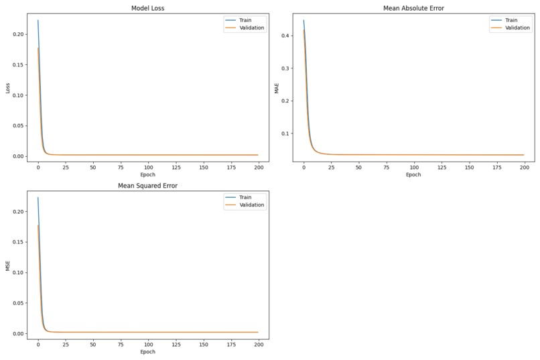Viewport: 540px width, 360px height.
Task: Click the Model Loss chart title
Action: point(147,8)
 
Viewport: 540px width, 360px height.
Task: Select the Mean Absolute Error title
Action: point(413,8)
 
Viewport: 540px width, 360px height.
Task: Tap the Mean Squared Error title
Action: point(147,186)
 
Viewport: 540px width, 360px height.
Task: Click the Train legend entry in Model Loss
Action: point(244,20)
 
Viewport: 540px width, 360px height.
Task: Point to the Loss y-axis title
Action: point(8,87)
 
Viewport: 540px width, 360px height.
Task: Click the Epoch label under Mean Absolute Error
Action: point(413,175)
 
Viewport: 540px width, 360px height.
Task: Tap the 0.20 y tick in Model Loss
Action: point(19,34)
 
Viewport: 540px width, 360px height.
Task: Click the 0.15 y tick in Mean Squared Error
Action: point(19,242)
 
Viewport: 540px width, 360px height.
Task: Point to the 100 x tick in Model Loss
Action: point(147,167)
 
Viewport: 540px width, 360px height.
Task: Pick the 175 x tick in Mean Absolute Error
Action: point(496,167)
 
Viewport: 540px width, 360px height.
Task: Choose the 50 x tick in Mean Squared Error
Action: point(92,344)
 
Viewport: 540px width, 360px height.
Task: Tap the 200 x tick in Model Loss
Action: point(258,167)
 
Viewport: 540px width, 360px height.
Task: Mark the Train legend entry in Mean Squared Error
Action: point(244,197)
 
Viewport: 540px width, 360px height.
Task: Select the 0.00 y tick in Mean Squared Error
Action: point(19,333)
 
